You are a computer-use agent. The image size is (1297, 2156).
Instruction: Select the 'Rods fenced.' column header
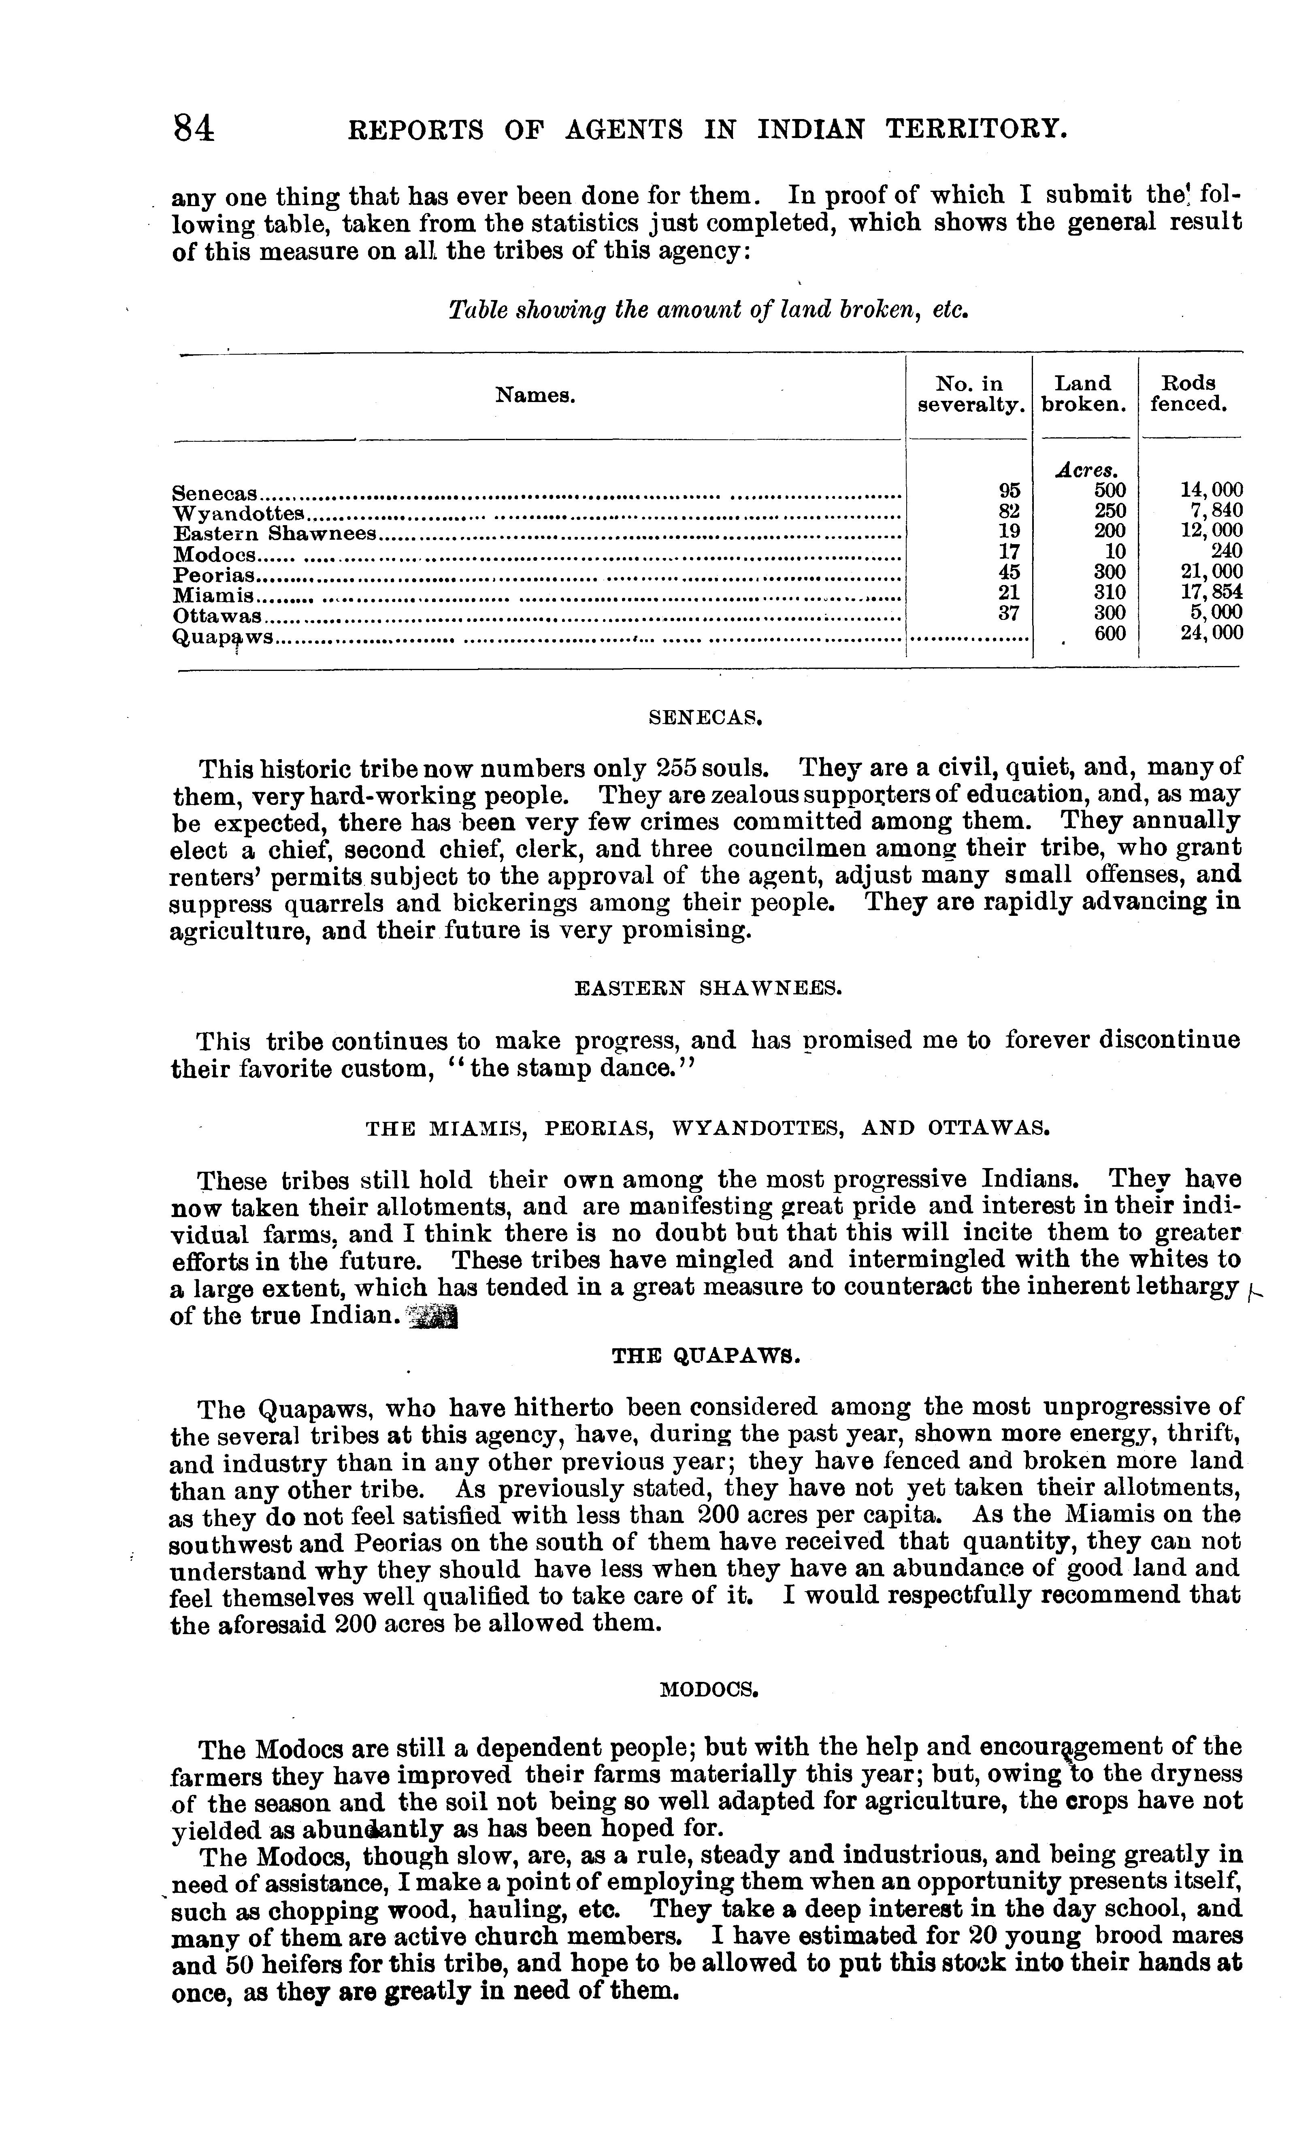click(x=1188, y=393)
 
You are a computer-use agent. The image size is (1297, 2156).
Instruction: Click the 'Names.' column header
click(x=535, y=395)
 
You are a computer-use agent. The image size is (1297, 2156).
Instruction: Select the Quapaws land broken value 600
click(x=1110, y=634)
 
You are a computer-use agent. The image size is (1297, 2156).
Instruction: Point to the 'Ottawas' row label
click(x=217, y=615)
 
